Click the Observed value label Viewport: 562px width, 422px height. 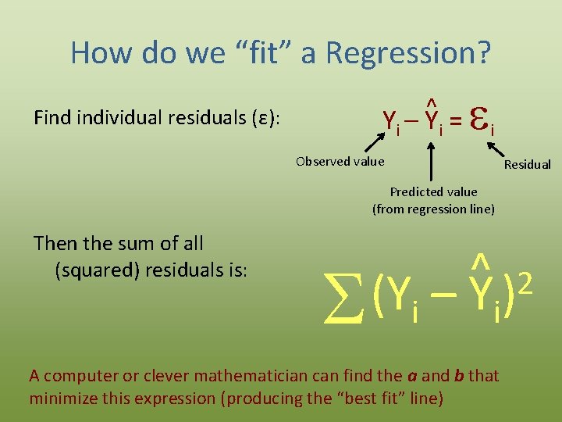coord(340,162)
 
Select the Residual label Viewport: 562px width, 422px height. coord(527,165)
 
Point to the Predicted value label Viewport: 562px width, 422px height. coord(433,191)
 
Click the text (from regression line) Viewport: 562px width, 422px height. coord(433,209)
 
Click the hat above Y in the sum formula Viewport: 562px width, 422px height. coord(482,259)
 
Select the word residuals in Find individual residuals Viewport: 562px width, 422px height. coord(206,118)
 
